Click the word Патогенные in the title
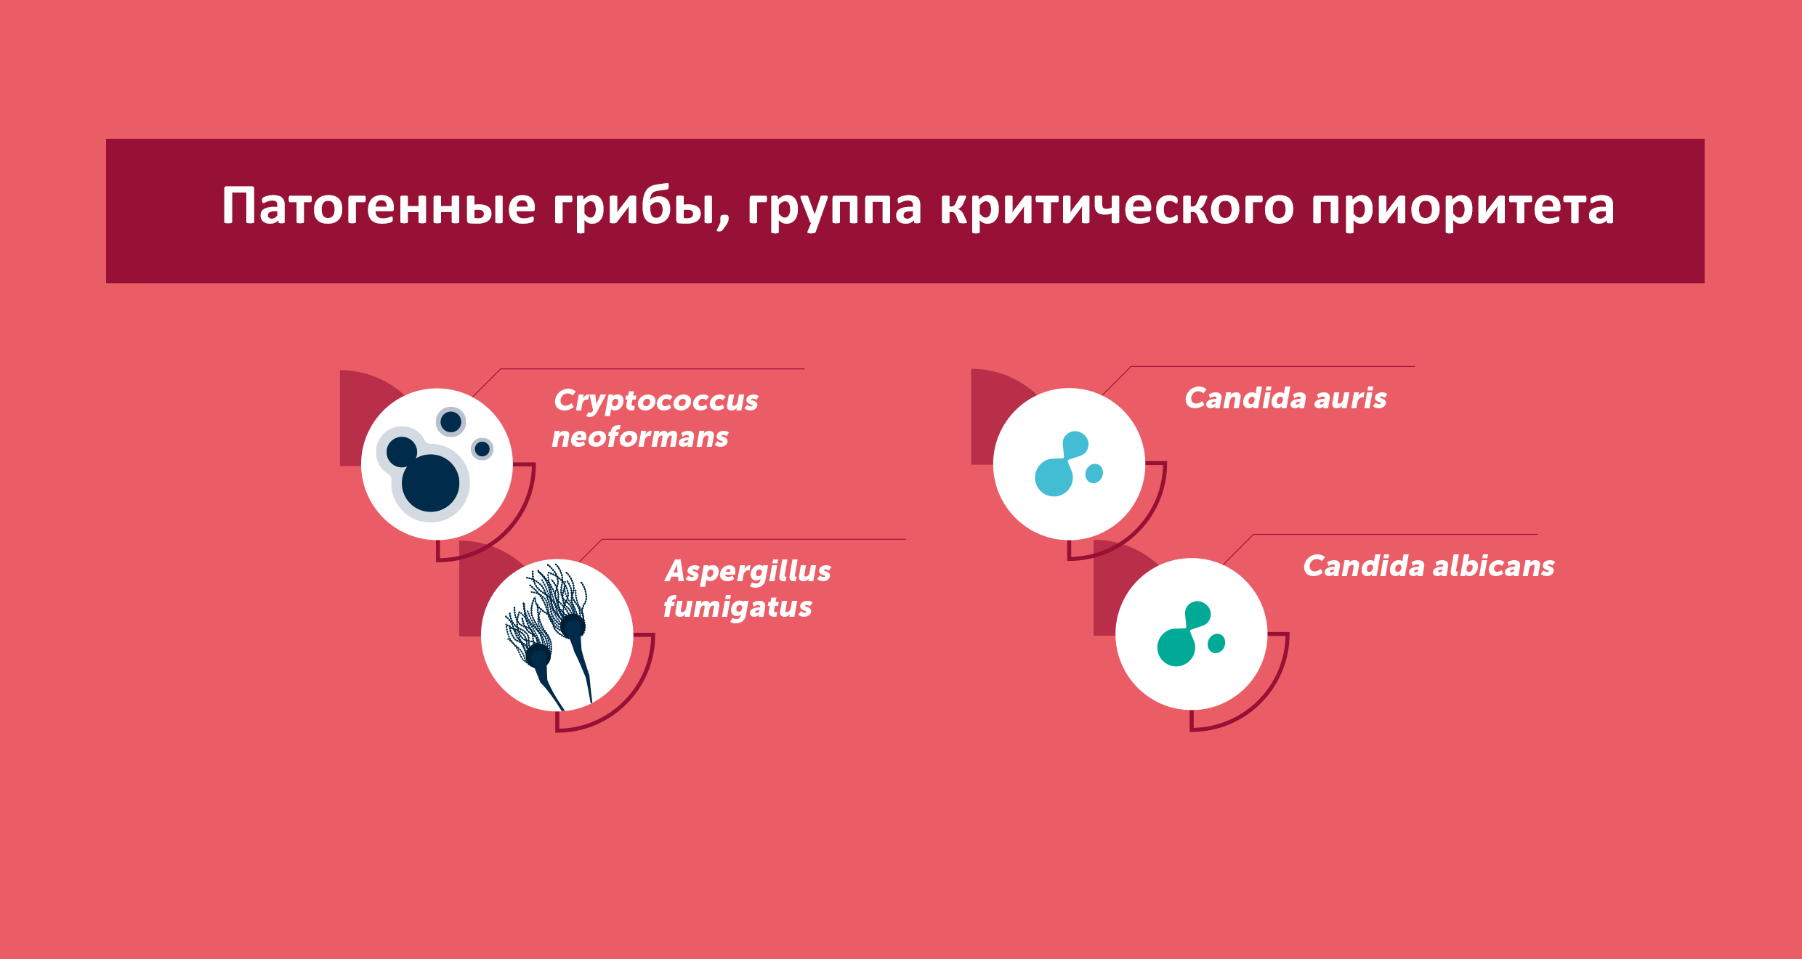point(379,206)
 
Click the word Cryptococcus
point(656,401)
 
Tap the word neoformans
point(640,437)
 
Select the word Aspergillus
point(748,572)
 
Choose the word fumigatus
point(738,607)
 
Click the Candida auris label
point(1285,398)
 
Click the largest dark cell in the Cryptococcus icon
point(430,483)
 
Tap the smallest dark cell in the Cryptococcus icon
point(482,448)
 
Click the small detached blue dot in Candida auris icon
point(1094,474)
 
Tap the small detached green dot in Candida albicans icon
point(1216,643)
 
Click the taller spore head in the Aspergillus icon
point(573,626)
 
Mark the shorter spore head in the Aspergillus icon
point(538,656)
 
